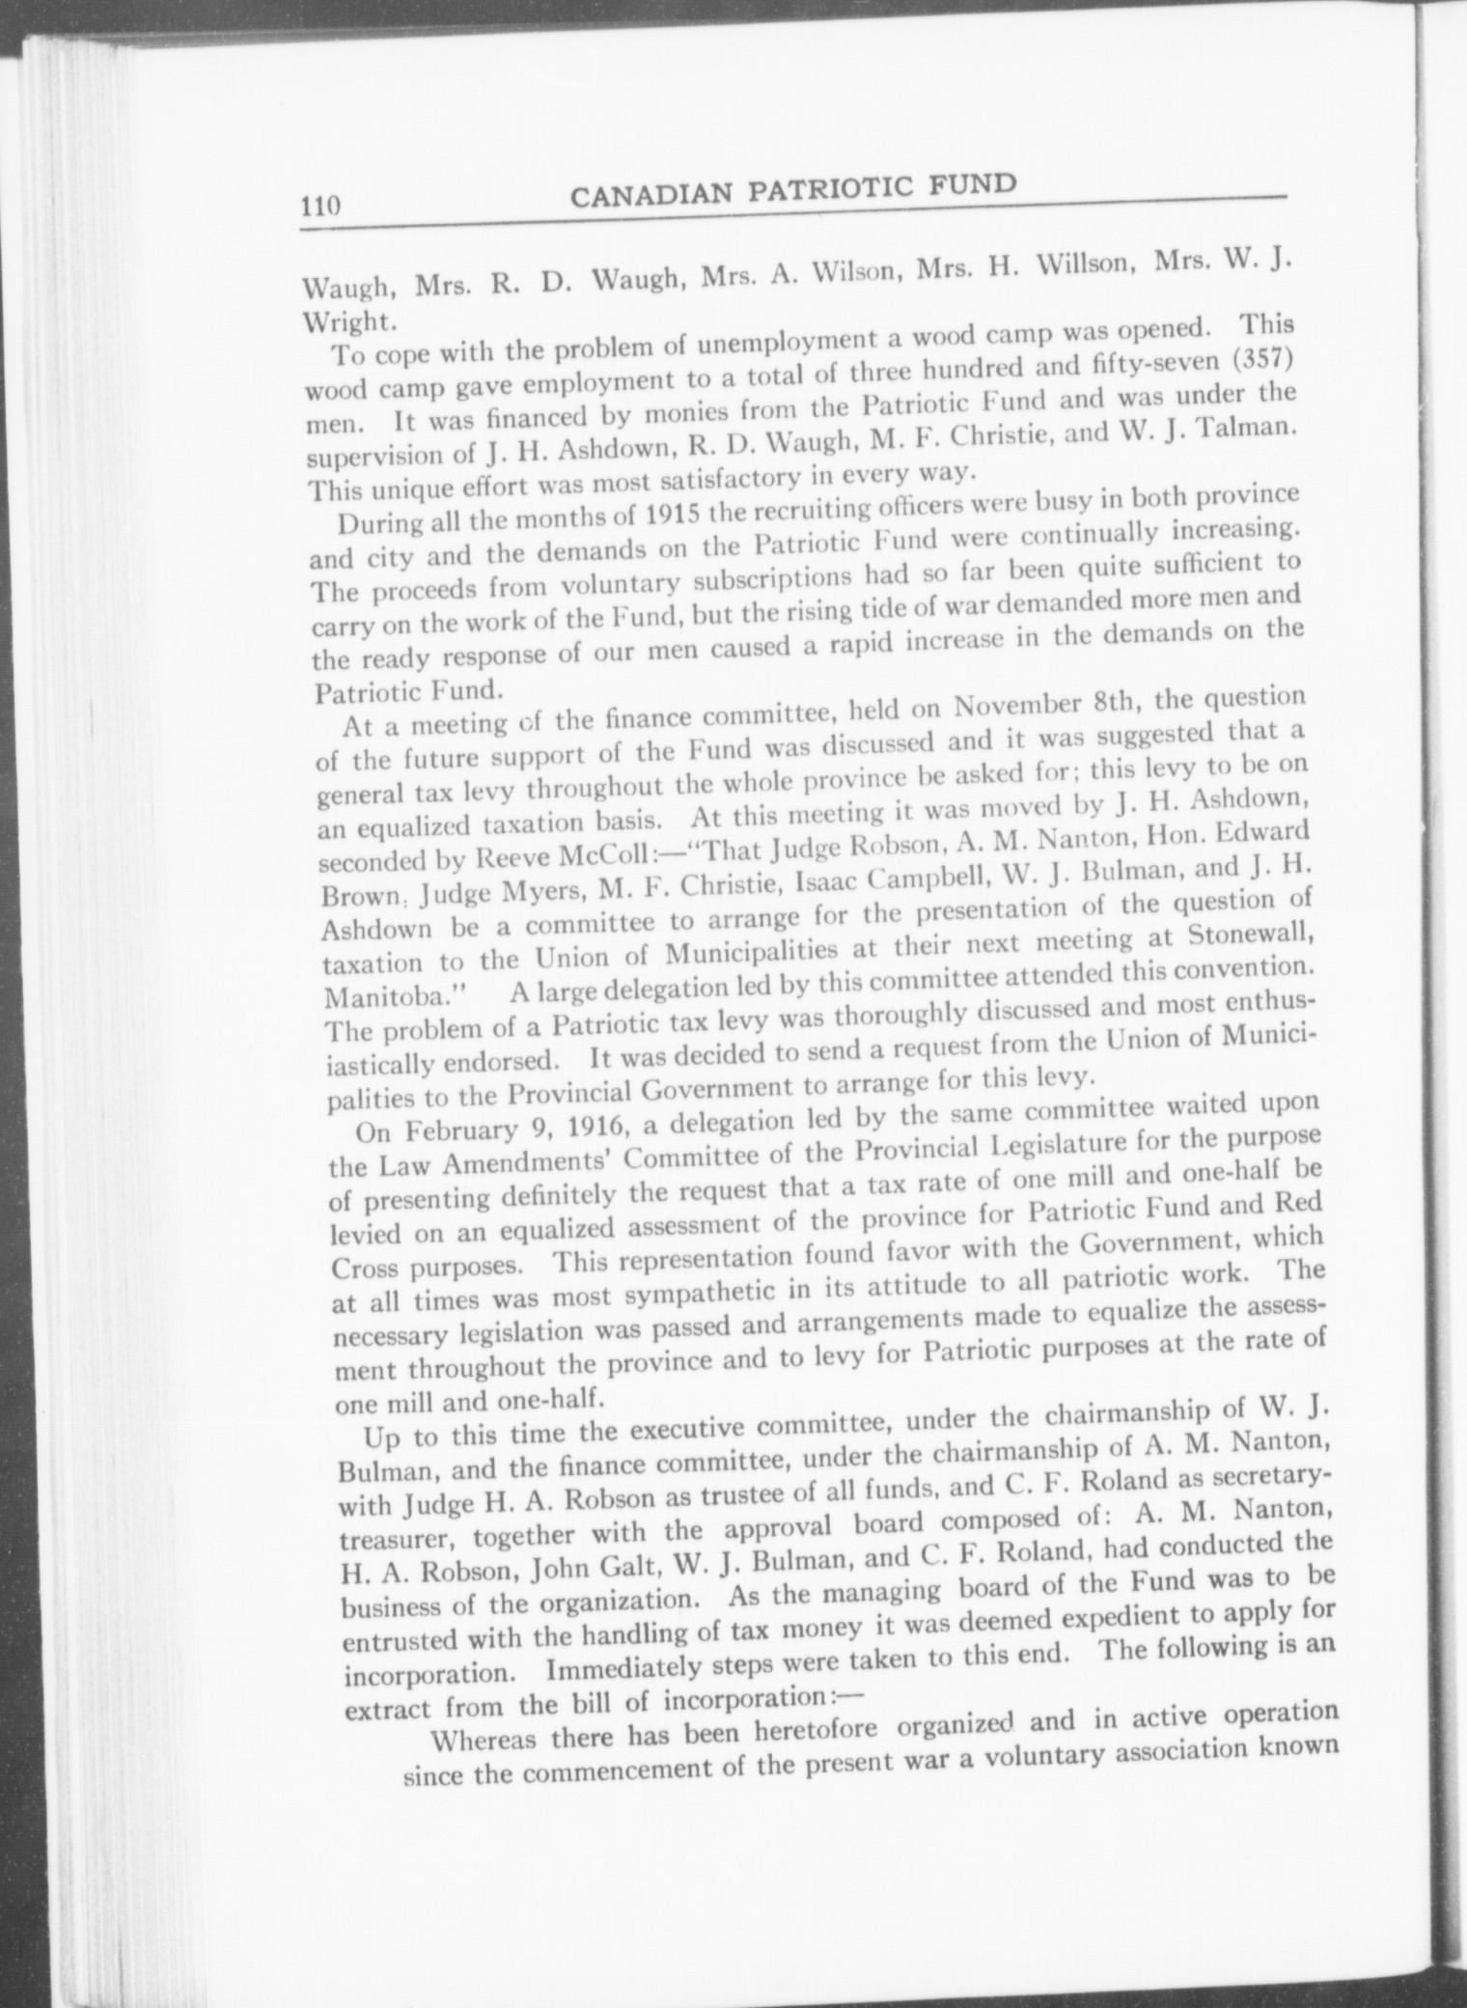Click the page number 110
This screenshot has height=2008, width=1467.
(318, 207)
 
